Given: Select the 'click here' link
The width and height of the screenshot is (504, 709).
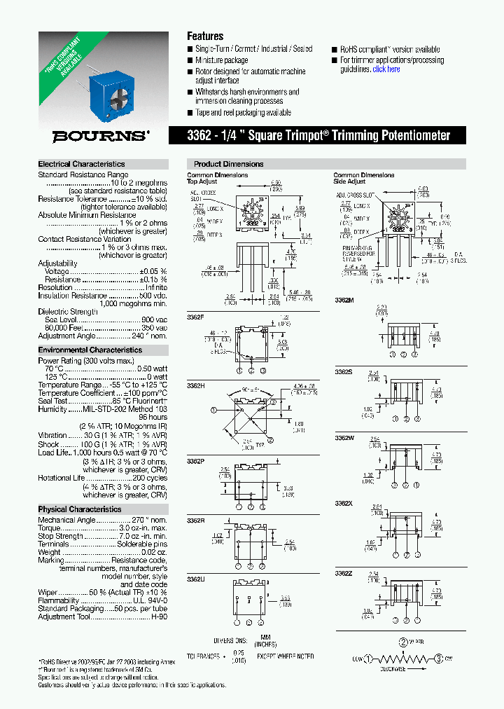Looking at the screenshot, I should click(x=386, y=69).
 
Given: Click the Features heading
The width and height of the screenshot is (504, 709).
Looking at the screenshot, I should click(x=205, y=36).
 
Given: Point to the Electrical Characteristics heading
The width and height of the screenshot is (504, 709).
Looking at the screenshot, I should click(x=81, y=164).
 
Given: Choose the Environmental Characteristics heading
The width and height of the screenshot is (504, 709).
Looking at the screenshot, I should click(x=90, y=350).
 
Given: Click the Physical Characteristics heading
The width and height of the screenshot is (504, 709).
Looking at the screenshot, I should click(x=80, y=509).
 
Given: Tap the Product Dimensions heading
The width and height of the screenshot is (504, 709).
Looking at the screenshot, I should click(x=228, y=164).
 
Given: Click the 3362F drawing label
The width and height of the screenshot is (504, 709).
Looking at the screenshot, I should click(x=196, y=317).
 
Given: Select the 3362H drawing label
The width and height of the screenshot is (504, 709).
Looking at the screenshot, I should click(x=196, y=385).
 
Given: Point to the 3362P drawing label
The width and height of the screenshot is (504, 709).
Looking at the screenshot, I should click(x=196, y=460).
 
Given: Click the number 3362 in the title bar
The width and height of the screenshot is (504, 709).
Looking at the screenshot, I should click(x=206, y=135).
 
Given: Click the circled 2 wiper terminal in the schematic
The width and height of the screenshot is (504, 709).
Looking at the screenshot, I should click(x=404, y=642).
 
